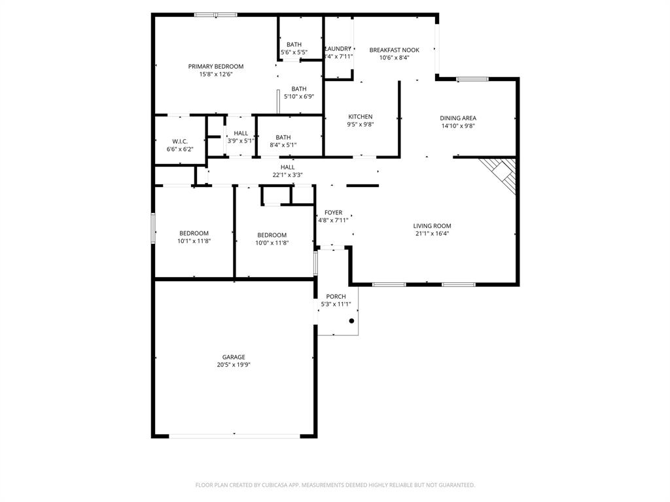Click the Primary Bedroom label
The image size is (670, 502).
tap(216, 67)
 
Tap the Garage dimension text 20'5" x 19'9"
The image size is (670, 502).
tap(234, 365)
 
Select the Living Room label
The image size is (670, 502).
tap(432, 226)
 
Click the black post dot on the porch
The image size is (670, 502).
tap(351, 321)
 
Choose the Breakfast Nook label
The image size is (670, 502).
tap(394, 50)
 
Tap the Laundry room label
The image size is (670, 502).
tap(339, 49)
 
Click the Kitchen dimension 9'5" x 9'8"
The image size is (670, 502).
tap(360, 125)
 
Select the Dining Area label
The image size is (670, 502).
tap(458, 118)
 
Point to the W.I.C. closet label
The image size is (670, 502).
tap(180, 141)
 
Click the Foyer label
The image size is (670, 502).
tap(333, 212)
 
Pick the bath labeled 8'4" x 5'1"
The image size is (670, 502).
tap(283, 141)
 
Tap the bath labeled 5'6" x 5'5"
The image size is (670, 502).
tap(294, 48)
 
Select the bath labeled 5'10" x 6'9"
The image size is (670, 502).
tap(299, 93)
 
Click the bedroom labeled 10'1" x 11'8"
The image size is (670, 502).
tap(194, 237)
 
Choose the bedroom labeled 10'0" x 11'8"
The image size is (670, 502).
tap(272, 239)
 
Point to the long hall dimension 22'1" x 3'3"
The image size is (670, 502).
tap(287, 175)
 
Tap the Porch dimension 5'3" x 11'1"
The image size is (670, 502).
tap(336, 304)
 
